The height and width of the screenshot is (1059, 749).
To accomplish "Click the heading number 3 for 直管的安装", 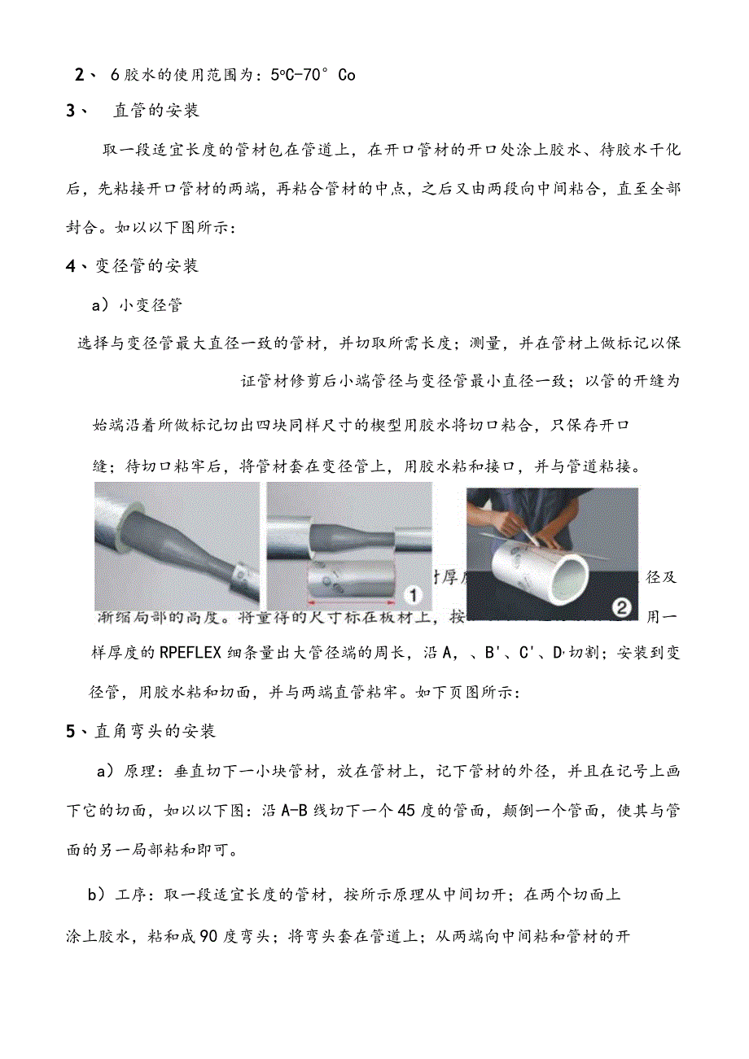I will (72, 112).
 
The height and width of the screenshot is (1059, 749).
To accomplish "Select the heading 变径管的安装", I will (147, 266).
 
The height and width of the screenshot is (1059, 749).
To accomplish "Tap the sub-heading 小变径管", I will (151, 305).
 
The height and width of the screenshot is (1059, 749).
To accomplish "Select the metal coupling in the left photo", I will (239, 579).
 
